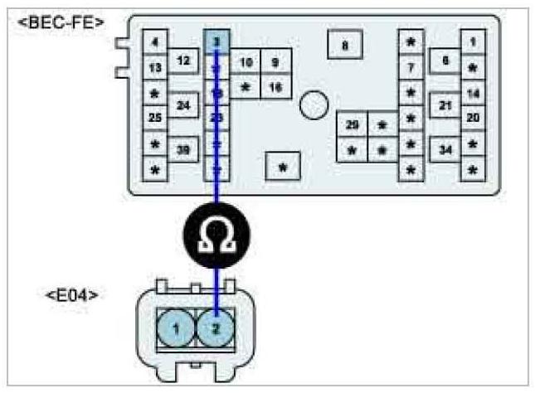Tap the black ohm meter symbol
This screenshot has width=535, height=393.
pyautogui.click(x=217, y=238)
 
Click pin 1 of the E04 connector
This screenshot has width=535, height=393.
pyautogui.click(x=175, y=328)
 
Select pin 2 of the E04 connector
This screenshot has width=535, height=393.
pyautogui.click(x=216, y=328)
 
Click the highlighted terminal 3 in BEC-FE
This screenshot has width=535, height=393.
pyautogui.click(x=216, y=41)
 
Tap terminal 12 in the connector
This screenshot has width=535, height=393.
pyautogui.click(x=184, y=61)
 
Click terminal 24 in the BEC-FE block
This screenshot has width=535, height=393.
pyautogui.click(x=184, y=105)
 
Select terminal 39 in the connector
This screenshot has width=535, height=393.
pyautogui.click(x=184, y=149)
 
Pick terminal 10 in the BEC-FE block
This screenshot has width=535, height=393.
pyautogui.click(x=246, y=62)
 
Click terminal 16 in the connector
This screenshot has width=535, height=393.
pyautogui.click(x=275, y=85)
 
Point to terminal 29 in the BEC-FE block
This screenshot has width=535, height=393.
pyautogui.click(x=353, y=125)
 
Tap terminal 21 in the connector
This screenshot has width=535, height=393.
pyautogui.click(x=445, y=105)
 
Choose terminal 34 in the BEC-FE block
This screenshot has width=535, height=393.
pyautogui.click(x=445, y=149)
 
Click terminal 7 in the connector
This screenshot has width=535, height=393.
pyautogui.click(x=411, y=66)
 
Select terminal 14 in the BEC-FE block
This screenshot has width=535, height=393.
pyautogui.click(x=473, y=93)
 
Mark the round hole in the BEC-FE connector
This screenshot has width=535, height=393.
pyautogui.click(x=314, y=105)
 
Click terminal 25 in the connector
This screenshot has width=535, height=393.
pyautogui.click(x=155, y=118)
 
